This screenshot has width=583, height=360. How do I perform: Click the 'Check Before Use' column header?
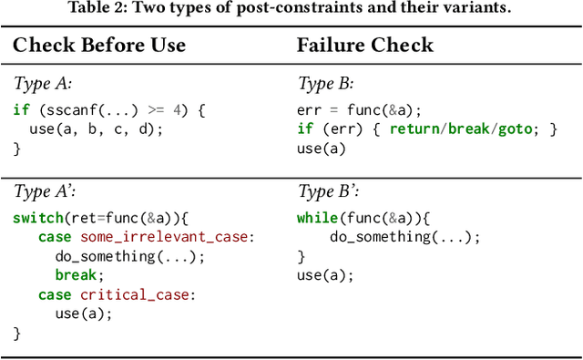[99, 46]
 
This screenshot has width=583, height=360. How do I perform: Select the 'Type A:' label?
[41, 83]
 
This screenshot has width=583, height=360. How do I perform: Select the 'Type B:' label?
[325, 83]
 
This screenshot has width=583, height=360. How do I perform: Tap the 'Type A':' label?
[43, 191]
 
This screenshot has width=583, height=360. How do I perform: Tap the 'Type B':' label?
[327, 191]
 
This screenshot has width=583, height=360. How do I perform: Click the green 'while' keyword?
[316, 218]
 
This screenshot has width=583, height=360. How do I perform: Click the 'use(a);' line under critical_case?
[83, 314]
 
